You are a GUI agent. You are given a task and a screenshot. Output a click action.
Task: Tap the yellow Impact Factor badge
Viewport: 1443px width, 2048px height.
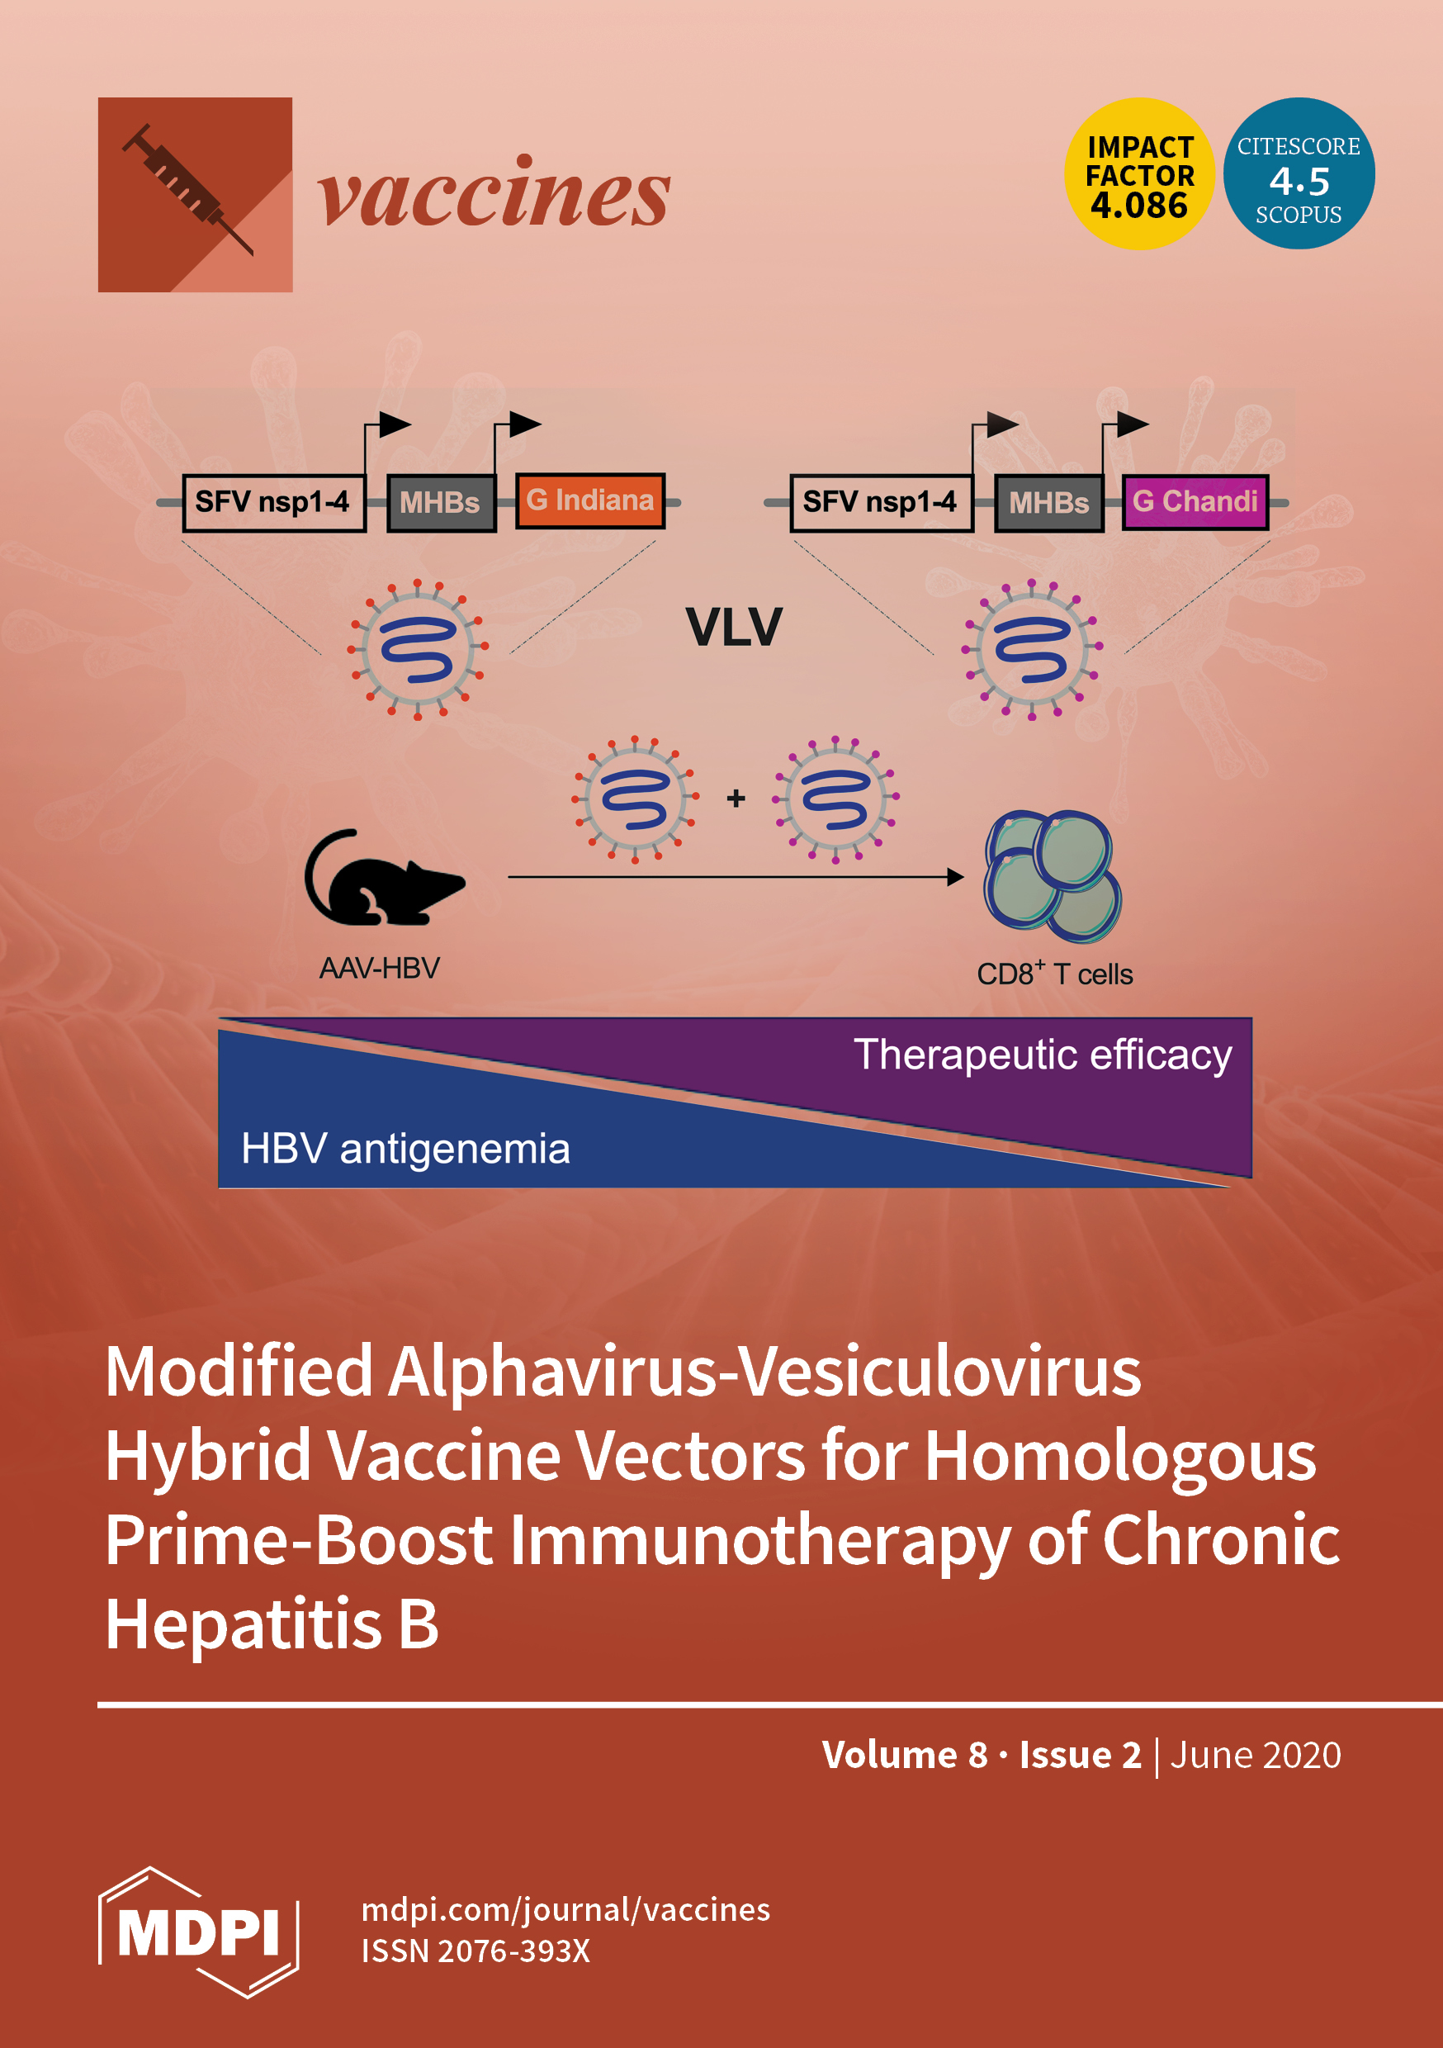point(1139,174)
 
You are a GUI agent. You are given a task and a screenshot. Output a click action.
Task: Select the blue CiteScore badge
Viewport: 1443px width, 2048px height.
point(1299,174)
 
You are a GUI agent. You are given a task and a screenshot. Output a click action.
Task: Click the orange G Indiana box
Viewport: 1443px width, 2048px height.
point(589,500)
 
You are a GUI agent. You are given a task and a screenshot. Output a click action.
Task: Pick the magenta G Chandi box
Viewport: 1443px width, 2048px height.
point(1195,501)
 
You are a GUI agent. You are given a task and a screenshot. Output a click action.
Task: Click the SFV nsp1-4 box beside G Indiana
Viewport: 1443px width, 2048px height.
point(273,502)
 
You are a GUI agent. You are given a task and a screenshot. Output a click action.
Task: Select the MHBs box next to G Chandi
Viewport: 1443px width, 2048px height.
point(1048,503)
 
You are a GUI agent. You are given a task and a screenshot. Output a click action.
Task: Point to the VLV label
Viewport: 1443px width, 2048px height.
point(733,627)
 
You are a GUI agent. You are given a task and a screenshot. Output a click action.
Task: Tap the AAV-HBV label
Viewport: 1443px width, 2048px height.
point(380,968)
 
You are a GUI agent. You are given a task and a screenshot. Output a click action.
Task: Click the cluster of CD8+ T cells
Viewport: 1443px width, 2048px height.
point(1053,876)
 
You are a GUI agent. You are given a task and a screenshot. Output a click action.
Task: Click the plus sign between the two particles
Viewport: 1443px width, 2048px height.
point(736,799)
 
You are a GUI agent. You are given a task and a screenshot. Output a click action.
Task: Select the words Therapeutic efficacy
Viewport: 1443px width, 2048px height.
point(1042,1055)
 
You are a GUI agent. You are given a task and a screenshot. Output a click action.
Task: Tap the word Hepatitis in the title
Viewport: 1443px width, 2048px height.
point(244,1624)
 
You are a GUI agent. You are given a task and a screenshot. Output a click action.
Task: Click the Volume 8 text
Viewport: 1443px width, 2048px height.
point(904,1755)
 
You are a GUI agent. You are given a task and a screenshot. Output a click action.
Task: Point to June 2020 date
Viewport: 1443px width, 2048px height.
point(1255,1755)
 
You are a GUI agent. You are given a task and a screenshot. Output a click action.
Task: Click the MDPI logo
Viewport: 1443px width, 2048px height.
point(198,1932)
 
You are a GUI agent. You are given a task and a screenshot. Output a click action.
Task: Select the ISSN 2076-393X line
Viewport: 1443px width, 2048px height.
point(475,1951)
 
